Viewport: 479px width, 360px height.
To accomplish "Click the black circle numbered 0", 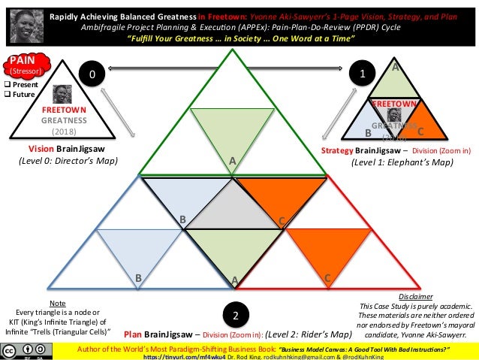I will point(92,75).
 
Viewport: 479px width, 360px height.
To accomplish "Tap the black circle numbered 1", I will point(363,75).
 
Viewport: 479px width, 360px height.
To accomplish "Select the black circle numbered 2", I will point(235,314).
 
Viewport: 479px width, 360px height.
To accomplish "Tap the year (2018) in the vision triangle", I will point(64,129).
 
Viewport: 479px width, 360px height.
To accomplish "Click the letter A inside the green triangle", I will point(233,161).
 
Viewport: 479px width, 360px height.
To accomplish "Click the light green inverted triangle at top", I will point(234,128).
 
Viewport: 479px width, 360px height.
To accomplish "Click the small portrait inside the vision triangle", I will point(62,94).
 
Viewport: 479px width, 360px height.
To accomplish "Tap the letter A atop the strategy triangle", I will point(396,67).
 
